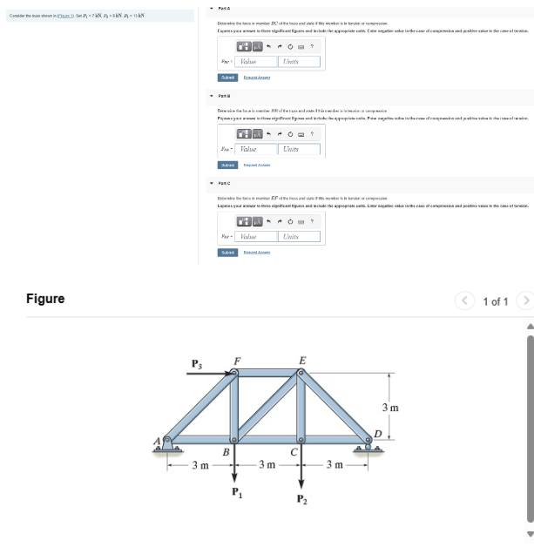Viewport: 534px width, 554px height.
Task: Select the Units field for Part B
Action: click(299, 149)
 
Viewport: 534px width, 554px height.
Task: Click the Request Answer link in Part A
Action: click(257, 78)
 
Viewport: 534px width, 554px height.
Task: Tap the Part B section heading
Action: click(226, 96)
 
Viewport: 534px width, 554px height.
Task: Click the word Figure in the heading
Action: click(45, 299)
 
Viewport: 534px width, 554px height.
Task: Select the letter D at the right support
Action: click(377, 435)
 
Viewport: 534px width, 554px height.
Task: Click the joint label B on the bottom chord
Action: click(225, 452)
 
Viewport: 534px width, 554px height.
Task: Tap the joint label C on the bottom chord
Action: click(294, 452)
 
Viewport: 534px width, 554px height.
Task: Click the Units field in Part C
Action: click(299, 236)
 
